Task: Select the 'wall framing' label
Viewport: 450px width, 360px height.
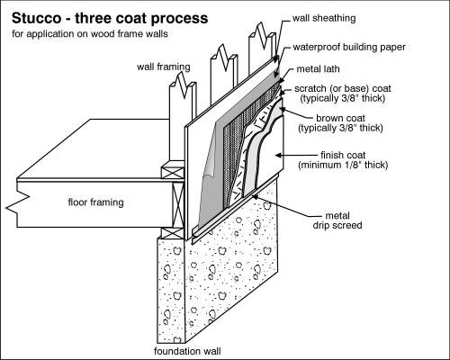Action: point(161,65)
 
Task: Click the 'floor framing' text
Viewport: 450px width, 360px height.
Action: point(95,202)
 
